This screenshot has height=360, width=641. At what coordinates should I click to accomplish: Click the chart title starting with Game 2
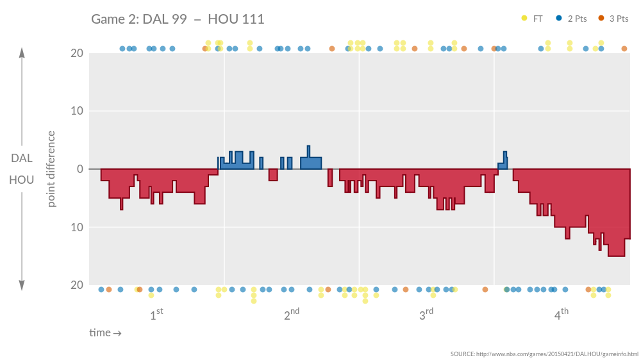[178, 19]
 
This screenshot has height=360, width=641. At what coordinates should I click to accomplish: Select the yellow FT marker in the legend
[525, 19]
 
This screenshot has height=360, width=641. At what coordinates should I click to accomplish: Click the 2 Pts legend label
[577, 19]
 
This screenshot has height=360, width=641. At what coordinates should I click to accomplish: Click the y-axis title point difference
[52, 169]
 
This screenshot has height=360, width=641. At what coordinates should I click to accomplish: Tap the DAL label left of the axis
[22, 158]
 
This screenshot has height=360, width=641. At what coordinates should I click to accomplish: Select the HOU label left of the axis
[22, 180]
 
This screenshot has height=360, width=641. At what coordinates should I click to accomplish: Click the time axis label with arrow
[105, 332]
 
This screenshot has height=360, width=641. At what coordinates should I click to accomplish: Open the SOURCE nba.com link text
[544, 354]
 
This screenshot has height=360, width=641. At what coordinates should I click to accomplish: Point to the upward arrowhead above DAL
[22, 53]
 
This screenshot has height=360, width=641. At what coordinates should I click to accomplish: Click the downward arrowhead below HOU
[22, 286]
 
